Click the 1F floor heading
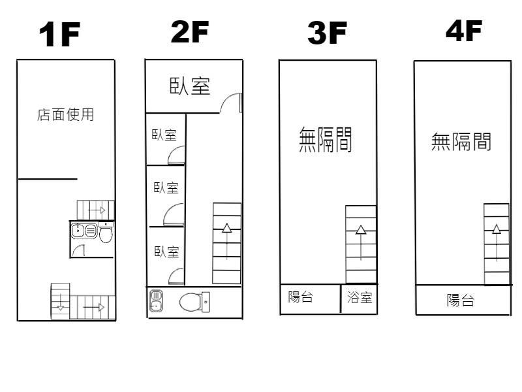[x=59, y=34]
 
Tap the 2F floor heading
[x=190, y=31]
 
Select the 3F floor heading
[x=328, y=33]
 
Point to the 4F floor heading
[x=464, y=30]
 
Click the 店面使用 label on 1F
[x=66, y=115]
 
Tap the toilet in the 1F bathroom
[x=106, y=233]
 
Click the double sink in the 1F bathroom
[x=84, y=231]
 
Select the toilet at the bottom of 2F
[x=194, y=302]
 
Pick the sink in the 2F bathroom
[x=156, y=301]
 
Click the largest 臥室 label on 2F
[x=190, y=86]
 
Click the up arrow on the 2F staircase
[x=227, y=241]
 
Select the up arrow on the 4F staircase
[x=497, y=242]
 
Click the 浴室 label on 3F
[x=360, y=297]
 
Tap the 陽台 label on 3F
[x=300, y=297]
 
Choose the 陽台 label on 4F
[x=461, y=300]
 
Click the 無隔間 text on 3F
[x=325, y=140]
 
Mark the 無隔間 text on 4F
[x=461, y=142]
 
